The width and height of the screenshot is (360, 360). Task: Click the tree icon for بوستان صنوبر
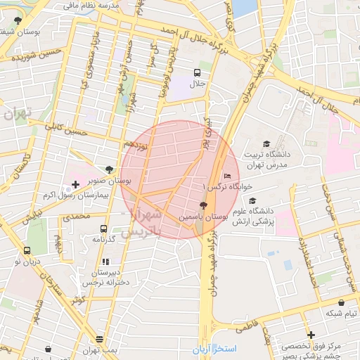[108, 169]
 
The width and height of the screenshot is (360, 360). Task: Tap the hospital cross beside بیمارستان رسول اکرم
[75, 184]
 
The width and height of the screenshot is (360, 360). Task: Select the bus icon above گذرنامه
[104, 229]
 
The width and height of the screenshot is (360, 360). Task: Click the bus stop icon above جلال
[198, 72]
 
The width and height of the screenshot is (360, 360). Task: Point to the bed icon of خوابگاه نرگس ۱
[226, 176]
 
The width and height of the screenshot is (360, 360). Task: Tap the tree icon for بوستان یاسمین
[204, 206]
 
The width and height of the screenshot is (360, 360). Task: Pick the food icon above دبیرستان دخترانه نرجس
[105, 262]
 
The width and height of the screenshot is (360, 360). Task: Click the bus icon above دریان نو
[27, 250]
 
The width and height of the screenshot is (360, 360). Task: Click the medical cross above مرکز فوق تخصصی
[310, 335]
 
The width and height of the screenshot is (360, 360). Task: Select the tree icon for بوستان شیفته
[18, 21]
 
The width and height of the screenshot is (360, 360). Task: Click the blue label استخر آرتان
[214, 349]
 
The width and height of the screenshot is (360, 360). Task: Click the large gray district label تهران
[18, 113]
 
